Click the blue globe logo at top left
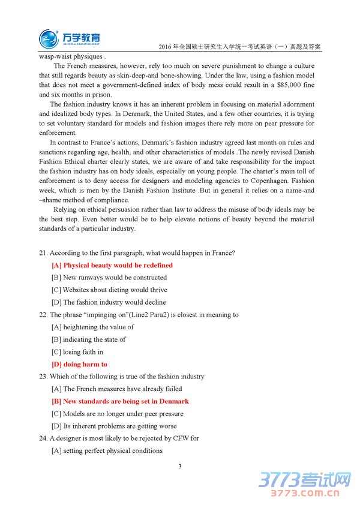tap(49, 38)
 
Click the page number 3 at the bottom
tap(179, 466)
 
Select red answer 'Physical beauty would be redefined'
tap(112, 265)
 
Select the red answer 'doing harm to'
tap(80, 364)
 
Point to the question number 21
tap(43, 253)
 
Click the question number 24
tap(43, 438)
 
